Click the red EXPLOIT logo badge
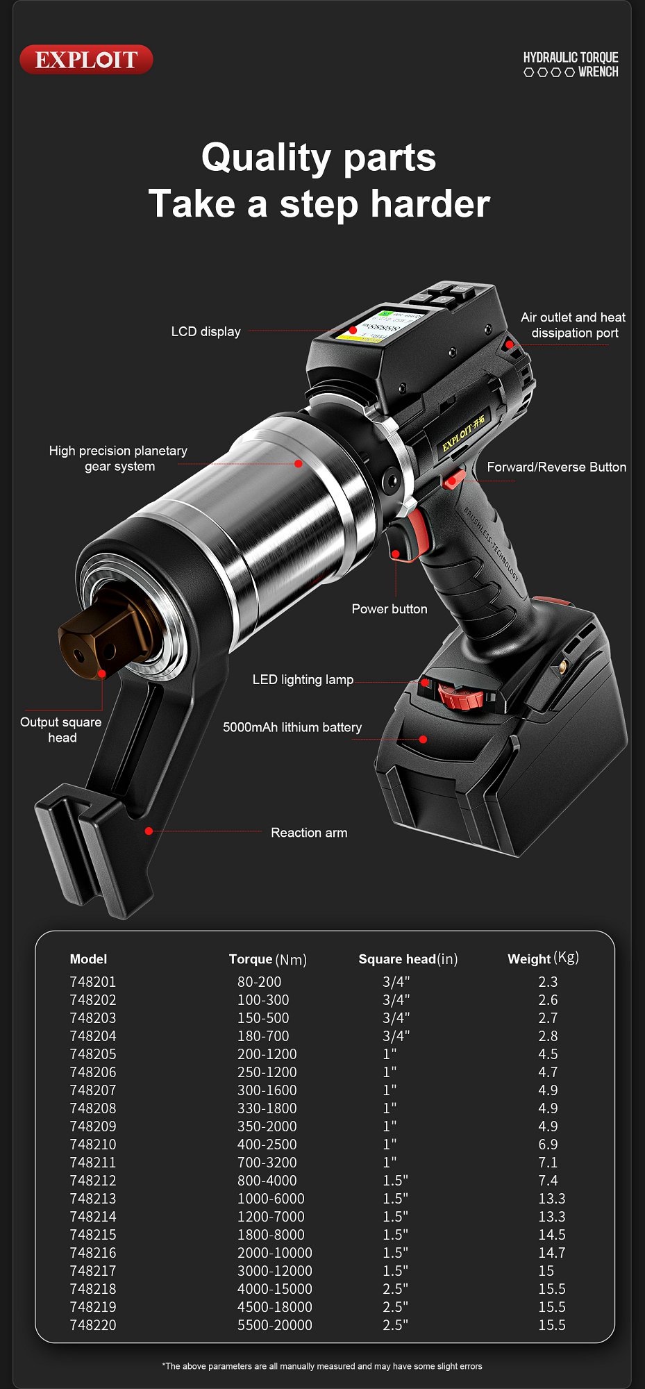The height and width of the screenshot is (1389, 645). [86, 60]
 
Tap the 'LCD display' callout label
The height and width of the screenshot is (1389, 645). [206, 332]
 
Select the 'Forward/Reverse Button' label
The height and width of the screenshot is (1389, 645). [556, 467]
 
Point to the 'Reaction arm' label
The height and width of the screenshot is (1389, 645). [309, 833]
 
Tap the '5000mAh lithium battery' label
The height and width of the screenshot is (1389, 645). [292, 728]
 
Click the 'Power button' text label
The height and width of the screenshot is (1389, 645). [389, 609]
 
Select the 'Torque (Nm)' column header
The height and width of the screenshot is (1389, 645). [267, 959]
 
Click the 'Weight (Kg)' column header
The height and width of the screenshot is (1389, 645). [543, 958]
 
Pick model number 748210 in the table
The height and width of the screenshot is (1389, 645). [93, 1145]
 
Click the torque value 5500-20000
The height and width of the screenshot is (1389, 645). [274, 1325]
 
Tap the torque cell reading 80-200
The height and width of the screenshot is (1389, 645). [259, 982]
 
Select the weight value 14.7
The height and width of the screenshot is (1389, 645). [551, 1253]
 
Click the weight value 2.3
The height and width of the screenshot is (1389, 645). [548, 982]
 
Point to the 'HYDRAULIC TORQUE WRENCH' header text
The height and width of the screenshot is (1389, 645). [571, 65]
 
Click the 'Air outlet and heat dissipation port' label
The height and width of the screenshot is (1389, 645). [573, 325]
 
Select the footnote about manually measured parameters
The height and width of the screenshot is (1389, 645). [322, 1366]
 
